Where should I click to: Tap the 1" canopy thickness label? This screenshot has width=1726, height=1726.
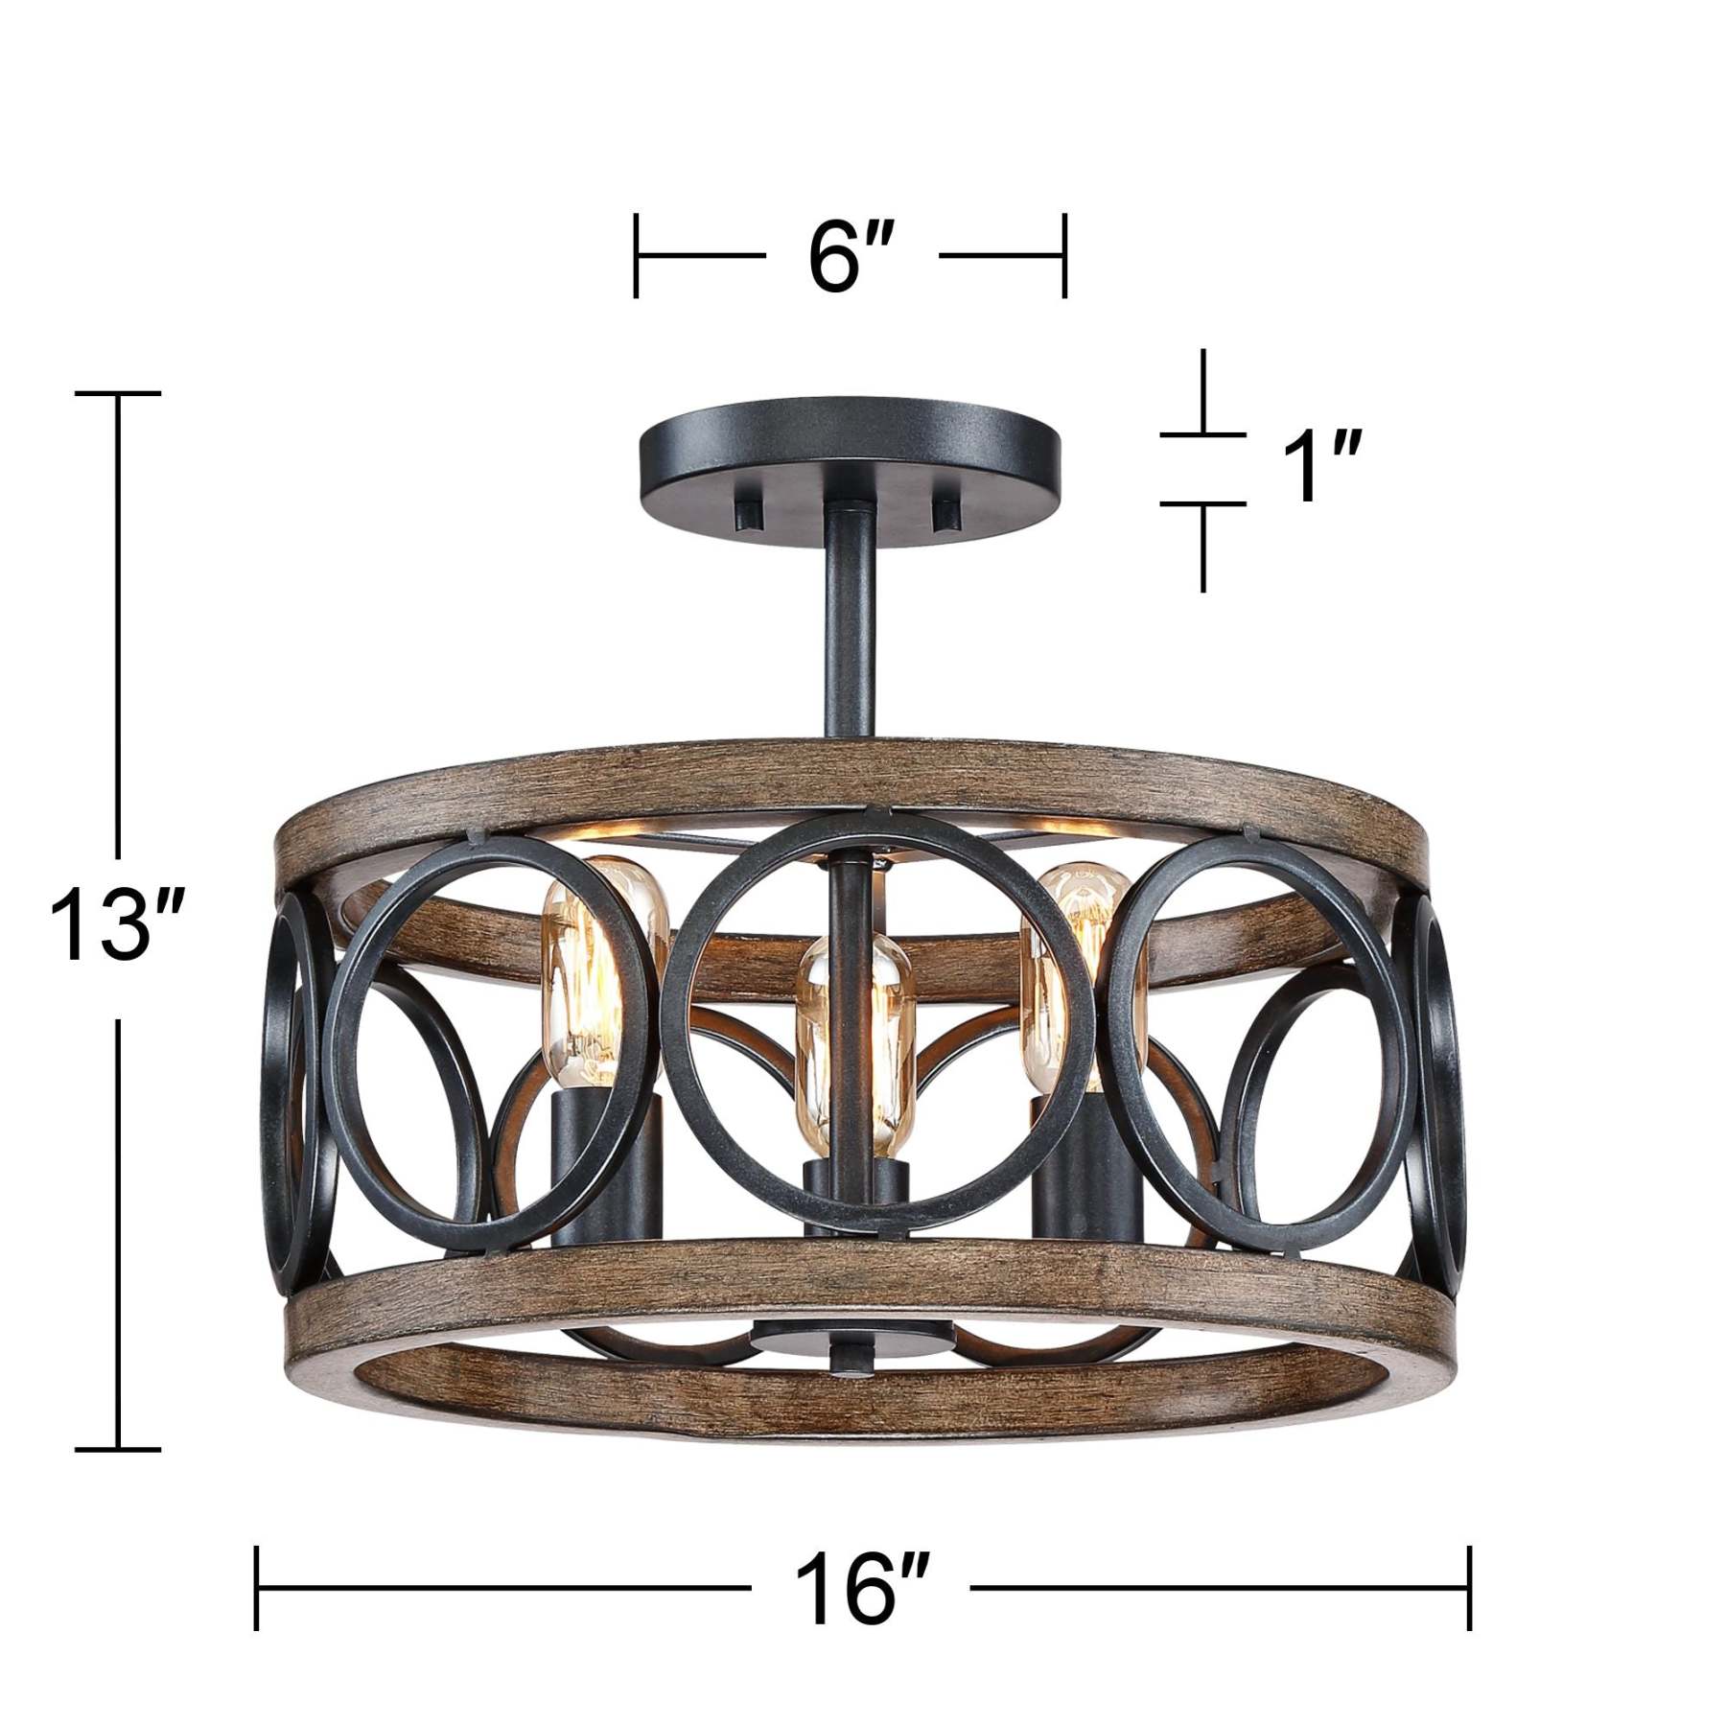tap(1313, 468)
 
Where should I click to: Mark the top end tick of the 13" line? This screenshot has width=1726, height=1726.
tap(118, 393)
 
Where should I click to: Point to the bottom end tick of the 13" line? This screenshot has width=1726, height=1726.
tap(118, 1450)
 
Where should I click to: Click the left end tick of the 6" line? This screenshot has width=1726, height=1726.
tap(636, 256)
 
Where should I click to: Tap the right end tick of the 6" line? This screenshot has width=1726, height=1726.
tap(1063, 256)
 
